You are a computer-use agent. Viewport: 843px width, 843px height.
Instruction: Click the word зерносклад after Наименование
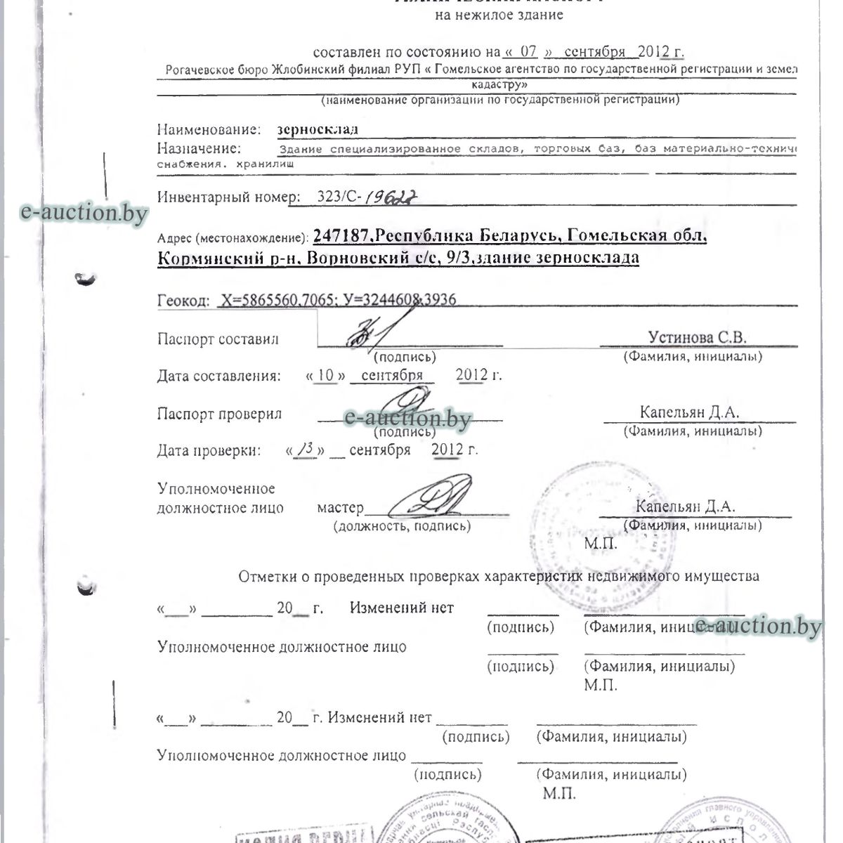click(318, 130)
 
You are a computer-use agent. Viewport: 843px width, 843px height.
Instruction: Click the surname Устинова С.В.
click(697, 337)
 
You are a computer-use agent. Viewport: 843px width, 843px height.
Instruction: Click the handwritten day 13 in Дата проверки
click(306, 449)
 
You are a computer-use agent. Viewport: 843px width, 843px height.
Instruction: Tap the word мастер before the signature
click(340, 507)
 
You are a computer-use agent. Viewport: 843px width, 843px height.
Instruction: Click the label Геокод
click(183, 301)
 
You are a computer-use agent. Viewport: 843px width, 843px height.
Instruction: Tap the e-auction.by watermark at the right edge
click(757, 625)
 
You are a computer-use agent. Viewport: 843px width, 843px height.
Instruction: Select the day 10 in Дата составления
click(325, 375)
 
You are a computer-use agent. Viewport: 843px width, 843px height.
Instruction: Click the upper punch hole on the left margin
click(87, 280)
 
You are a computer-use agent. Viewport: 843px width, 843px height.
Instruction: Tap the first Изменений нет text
click(402, 608)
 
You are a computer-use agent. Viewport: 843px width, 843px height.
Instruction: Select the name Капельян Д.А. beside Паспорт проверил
click(689, 412)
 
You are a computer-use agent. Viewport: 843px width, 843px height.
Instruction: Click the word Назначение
click(199, 149)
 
